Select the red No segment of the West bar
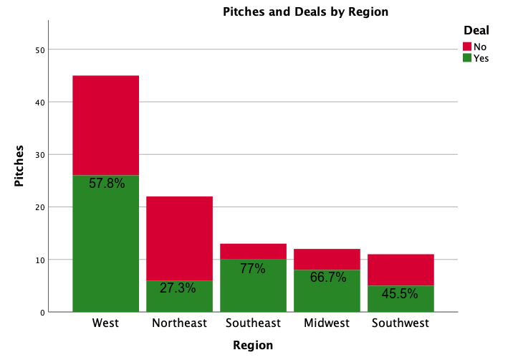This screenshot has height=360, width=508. tap(105, 125)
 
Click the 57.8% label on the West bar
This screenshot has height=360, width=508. tap(107, 184)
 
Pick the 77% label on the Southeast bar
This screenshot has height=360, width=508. tap(253, 269)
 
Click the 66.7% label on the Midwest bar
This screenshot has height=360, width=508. tap(327, 277)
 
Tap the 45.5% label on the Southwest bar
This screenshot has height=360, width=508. tap(401, 293)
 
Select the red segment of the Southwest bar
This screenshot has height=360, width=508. tap(401, 270)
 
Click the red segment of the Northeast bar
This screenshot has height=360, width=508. tap(179, 238)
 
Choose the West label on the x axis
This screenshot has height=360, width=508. tap(105, 323)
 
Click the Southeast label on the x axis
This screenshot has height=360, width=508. tap(253, 323)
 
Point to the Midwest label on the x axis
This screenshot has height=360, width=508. tap(327, 323)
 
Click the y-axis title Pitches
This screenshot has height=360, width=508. tap(20, 166)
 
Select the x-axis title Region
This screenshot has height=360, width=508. tap(253, 345)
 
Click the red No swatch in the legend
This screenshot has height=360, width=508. tap(467, 47)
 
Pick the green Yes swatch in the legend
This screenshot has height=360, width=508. tap(467, 58)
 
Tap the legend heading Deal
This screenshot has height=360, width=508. tap(476, 31)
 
